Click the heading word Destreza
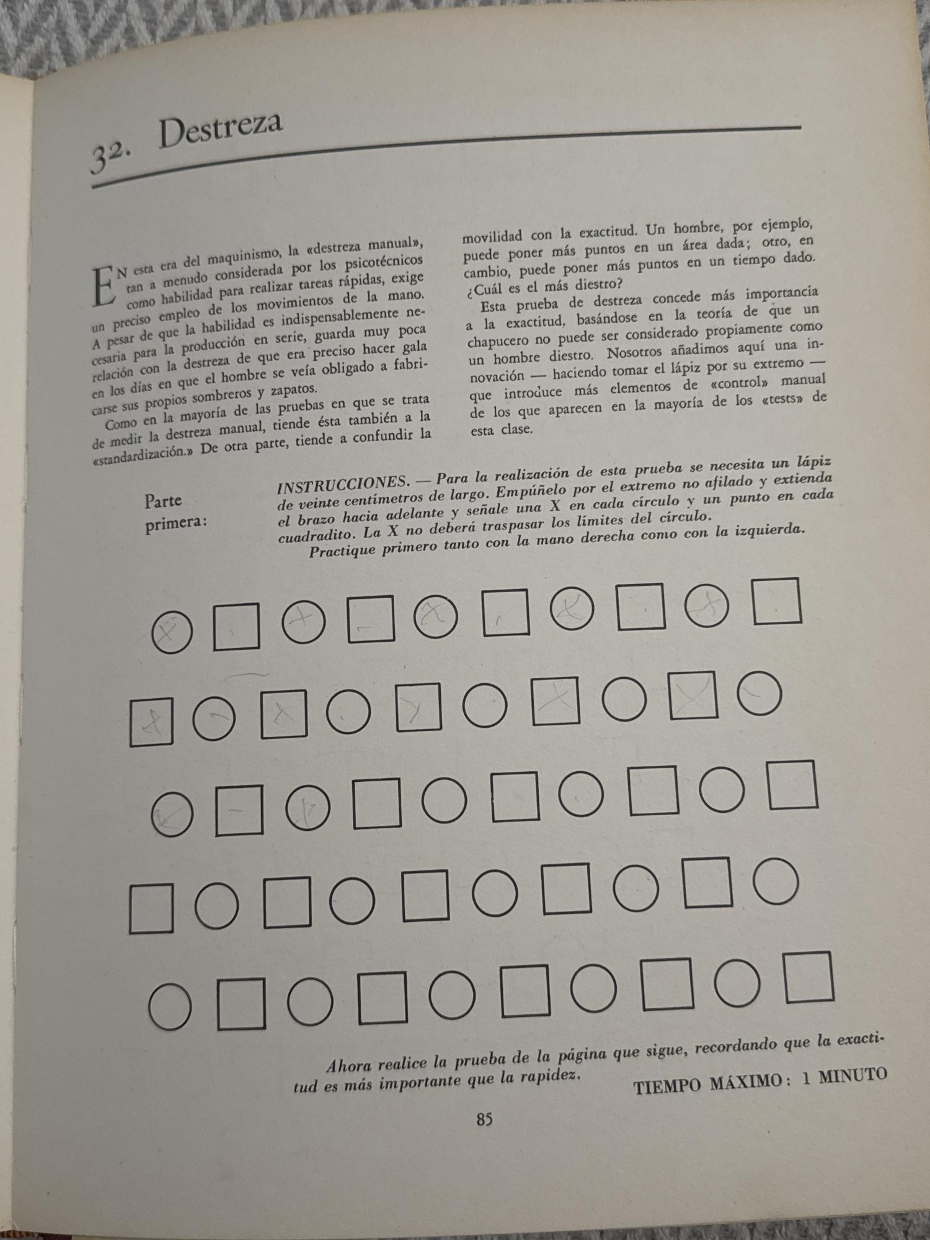pos(221,131)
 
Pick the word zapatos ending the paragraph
pos(289,389)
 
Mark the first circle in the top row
pos(172,632)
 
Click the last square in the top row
pos(777,600)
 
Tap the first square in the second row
pos(151,721)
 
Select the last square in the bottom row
pos(809,978)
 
